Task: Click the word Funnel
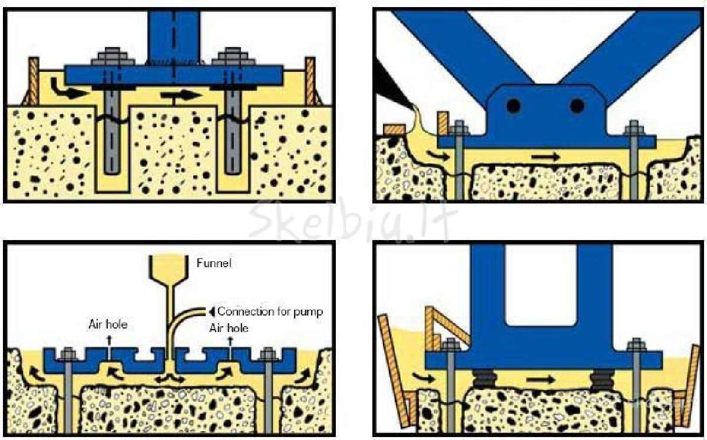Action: point(214,263)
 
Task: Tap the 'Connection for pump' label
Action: point(270,312)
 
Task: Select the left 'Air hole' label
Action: point(108,324)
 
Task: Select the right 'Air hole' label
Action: point(229,328)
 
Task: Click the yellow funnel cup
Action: point(169,268)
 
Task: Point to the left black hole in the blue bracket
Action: point(514,106)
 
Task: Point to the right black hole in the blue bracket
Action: point(577,106)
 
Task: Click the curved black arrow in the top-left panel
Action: point(65,90)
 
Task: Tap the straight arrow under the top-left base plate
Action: point(180,95)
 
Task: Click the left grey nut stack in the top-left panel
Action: point(113,57)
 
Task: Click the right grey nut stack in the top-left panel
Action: point(233,57)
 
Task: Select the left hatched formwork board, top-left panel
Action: point(33,81)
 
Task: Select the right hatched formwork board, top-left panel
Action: point(310,81)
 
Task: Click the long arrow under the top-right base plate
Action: point(546,156)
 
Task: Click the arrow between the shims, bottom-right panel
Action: point(540,379)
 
